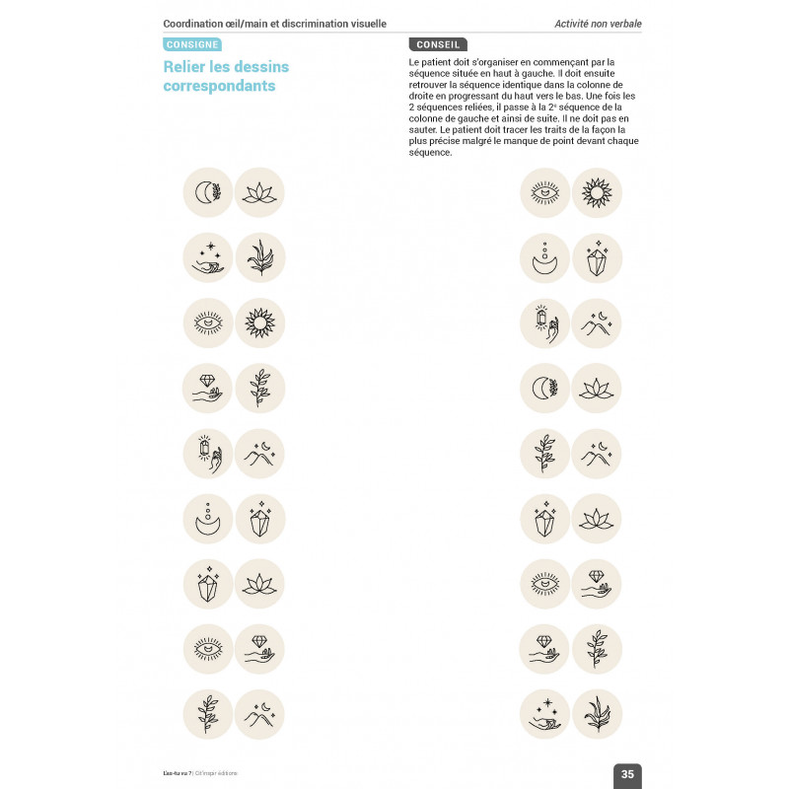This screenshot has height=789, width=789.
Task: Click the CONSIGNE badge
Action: (x=192, y=44)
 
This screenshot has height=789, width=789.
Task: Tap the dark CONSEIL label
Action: (x=438, y=44)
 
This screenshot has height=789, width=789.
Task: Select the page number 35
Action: (x=627, y=774)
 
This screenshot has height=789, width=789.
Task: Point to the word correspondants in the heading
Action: (x=219, y=86)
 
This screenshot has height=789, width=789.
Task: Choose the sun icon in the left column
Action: (x=261, y=323)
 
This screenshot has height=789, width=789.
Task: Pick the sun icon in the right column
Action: (x=597, y=192)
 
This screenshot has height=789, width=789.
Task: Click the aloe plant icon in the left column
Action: (x=261, y=257)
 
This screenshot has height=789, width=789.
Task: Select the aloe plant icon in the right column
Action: (x=597, y=713)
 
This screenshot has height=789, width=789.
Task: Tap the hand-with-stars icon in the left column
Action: (x=208, y=257)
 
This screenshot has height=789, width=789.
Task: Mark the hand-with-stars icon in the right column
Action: (x=544, y=713)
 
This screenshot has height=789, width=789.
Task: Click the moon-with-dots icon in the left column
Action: (x=208, y=518)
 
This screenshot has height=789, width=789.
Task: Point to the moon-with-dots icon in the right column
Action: (x=544, y=257)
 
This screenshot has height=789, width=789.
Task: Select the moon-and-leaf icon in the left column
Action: (x=208, y=192)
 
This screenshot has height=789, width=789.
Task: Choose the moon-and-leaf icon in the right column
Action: (x=544, y=388)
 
